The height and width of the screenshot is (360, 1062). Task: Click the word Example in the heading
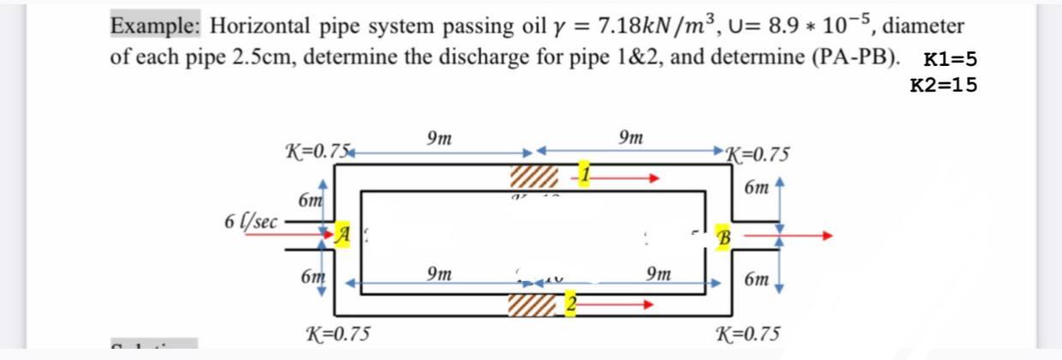pos(155,27)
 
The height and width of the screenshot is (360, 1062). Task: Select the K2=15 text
pos(942,85)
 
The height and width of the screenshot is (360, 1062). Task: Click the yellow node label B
pos(723,234)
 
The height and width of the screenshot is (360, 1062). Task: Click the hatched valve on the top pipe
pos(533,178)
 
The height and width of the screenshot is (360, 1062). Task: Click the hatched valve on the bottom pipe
pos(532,303)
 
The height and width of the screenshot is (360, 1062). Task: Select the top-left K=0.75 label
pos(315,152)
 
